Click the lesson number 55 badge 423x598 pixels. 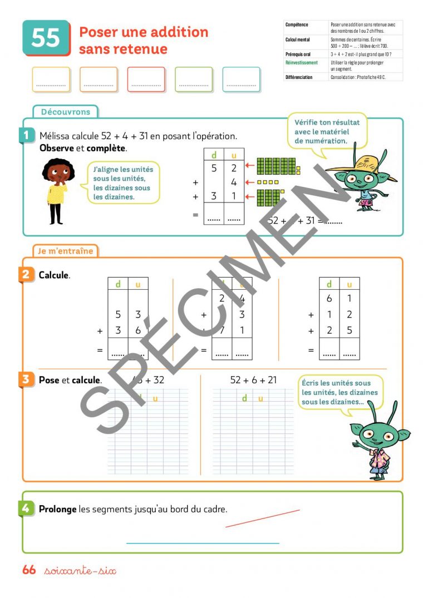point(46,38)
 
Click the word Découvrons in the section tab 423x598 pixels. point(65,112)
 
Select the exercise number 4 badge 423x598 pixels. point(26,508)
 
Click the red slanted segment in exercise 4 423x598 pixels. point(262,518)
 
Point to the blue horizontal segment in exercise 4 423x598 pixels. point(203,543)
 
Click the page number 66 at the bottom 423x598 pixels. point(29,570)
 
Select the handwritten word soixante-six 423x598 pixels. point(80,571)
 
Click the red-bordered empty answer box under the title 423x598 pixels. point(146,80)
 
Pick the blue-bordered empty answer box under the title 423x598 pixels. point(241,80)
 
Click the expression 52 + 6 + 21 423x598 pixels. point(253,380)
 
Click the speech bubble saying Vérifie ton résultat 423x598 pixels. point(327,131)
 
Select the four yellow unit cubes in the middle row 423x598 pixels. point(267,182)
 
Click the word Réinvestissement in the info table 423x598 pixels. point(301,63)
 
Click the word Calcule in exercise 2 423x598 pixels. point(54,275)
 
